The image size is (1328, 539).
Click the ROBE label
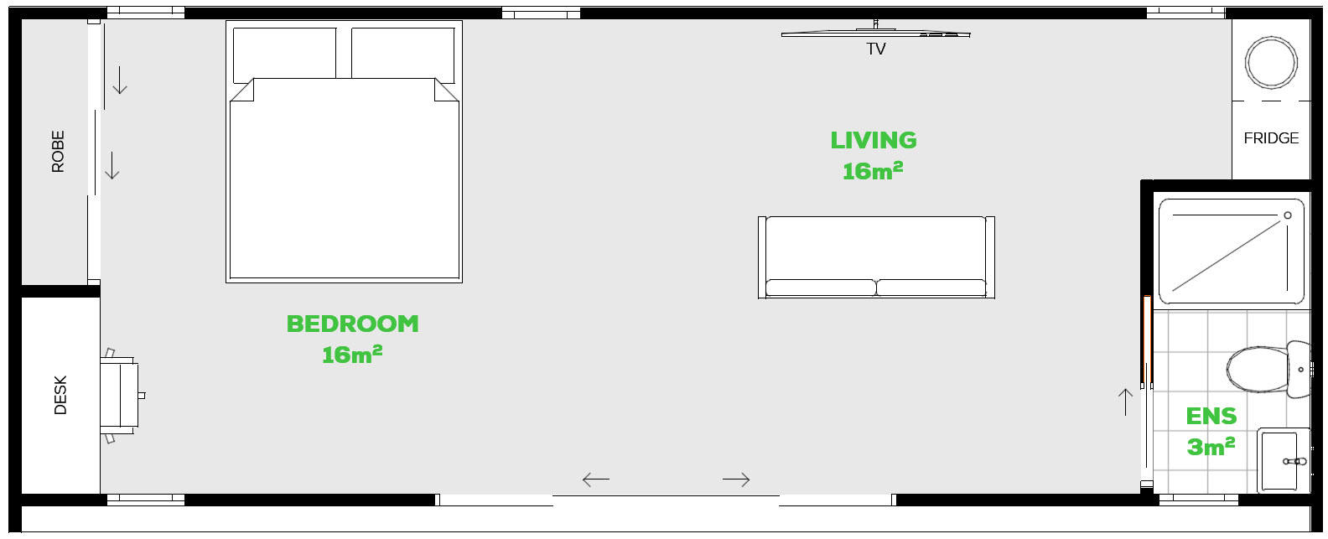tap(58, 152)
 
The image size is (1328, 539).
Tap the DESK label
tap(60, 395)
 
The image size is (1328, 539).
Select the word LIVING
tap(874, 141)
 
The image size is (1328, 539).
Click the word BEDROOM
tap(352, 324)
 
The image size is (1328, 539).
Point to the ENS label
tap(1211, 417)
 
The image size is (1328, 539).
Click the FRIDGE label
tap(1271, 138)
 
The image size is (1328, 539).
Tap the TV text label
tap(875, 49)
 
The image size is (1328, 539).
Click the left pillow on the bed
tap(284, 55)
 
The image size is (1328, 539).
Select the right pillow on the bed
tap(403, 55)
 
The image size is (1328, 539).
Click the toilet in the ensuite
tap(1268, 370)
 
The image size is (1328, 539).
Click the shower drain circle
tap(1288, 215)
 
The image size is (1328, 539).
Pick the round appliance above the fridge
tap(1271, 63)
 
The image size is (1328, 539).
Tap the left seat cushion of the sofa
tap(821, 288)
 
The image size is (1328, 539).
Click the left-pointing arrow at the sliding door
tap(596, 479)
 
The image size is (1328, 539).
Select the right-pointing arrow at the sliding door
tap(736, 479)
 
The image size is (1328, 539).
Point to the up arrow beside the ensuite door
tap(1125, 402)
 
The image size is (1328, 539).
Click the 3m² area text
tap(1211, 447)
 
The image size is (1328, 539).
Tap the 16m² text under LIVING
tap(873, 171)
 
